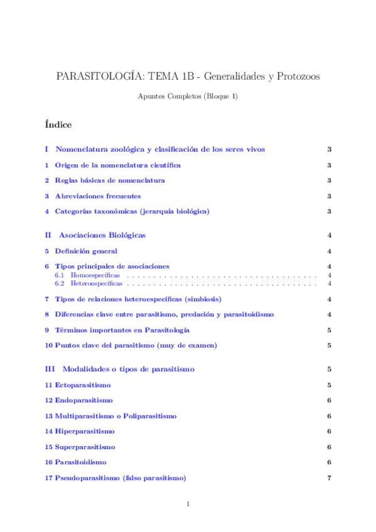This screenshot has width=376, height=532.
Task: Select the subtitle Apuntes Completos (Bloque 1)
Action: tap(188, 96)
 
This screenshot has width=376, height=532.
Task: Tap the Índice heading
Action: tap(58, 124)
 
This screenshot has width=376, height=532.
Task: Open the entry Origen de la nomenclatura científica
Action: tap(117, 165)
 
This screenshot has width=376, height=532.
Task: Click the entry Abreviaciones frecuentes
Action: tap(97, 196)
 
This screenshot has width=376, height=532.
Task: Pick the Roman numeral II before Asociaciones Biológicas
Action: tap(48, 235)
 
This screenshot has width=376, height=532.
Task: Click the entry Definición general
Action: tap(86, 251)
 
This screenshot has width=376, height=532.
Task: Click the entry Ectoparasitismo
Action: tap(83, 385)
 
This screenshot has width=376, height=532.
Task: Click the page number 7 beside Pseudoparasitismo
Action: tap(329, 479)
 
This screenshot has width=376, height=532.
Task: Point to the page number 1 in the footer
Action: tap(188, 504)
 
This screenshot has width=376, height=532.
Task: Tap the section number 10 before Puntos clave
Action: tap(48, 345)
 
